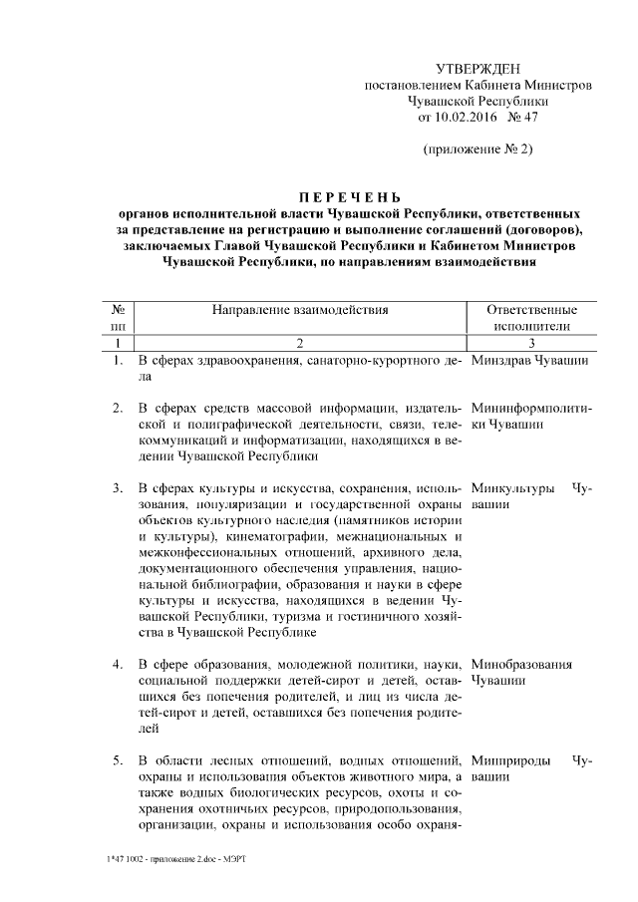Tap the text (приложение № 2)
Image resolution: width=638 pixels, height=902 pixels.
tap(478, 150)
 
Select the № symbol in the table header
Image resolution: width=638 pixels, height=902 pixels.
tap(118, 310)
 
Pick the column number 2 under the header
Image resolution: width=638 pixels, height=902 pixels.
tap(299, 343)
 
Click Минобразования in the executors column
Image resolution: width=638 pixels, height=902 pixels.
tap(521, 663)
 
